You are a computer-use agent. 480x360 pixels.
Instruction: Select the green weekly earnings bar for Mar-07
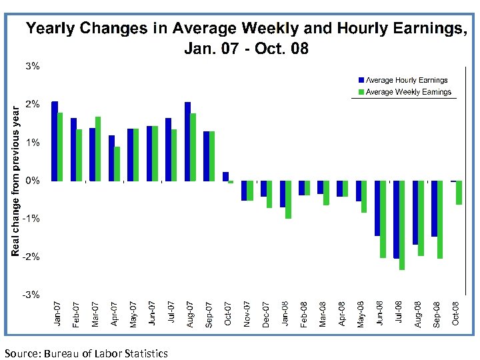point(98,149)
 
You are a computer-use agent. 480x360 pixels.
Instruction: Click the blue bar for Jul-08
point(397,219)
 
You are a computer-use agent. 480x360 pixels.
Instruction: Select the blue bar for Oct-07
point(225,177)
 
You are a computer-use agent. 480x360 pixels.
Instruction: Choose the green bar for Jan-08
point(288,199)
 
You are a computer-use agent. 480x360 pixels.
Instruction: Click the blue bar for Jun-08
point(377,208)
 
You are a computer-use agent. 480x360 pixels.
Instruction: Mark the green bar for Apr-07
point(117,164)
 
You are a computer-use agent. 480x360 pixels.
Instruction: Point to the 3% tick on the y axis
point(33,66)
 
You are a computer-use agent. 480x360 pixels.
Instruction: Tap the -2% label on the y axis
point(31,257)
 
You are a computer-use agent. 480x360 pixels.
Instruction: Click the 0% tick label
point(33,181)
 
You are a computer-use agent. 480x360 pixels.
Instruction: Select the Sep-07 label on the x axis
point(209,313)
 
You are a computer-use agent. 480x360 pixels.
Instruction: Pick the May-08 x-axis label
point(361,313)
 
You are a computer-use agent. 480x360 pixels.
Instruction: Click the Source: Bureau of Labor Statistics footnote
point(86,353)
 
